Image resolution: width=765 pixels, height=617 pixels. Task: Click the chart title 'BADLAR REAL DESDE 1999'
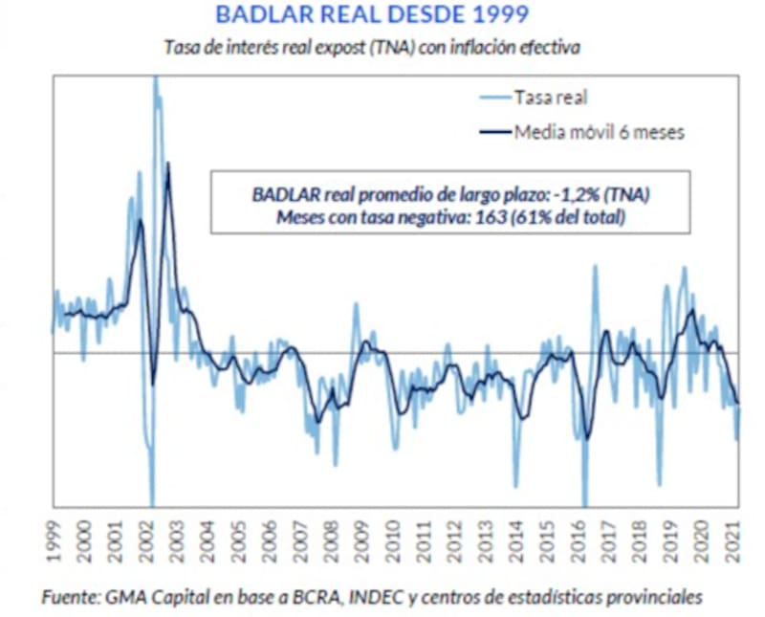[x=371, y=15]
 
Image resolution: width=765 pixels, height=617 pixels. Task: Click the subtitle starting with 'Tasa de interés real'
[x=372, y=45]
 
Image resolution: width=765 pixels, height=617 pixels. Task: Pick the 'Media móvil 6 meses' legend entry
[x=599, y=132]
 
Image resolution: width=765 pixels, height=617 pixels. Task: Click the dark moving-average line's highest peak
[x=168, y=165]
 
